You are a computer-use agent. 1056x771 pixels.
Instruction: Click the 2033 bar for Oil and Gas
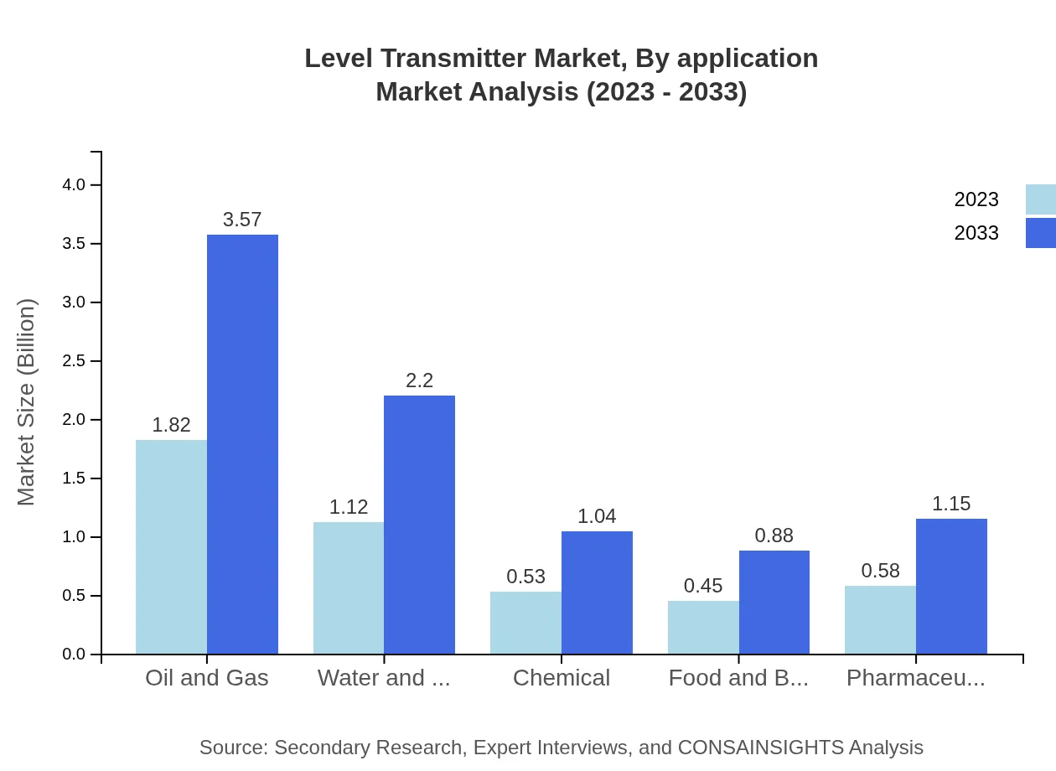point(242,444)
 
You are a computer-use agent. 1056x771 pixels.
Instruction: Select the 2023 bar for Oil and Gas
point(171,546)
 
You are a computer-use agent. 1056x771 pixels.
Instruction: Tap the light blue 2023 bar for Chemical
point(525,623)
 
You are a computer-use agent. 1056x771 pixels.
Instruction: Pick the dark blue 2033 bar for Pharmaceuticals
point(951,586)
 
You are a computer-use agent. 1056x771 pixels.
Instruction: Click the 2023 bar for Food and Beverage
point(703,627)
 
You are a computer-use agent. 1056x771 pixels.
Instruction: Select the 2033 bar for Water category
point(419,525)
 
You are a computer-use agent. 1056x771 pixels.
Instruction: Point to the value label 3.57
point(242,220)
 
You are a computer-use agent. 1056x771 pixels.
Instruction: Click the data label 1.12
point(349,507)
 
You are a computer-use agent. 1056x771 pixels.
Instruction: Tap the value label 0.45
point(703,586)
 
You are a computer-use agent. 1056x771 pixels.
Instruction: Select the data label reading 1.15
point(951,504)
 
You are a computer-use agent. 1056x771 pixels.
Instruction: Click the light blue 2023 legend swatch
point(1040,199)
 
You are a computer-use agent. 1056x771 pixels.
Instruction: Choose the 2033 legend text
point(976,233)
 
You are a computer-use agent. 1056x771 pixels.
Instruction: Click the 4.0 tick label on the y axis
point(75,184)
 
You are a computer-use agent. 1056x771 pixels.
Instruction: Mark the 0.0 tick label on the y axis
point(75,655)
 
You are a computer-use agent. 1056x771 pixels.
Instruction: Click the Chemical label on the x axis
point(562,678)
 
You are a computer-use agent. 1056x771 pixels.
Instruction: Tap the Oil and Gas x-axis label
point(207,678)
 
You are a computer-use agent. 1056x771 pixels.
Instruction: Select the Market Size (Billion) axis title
point(27,402)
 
